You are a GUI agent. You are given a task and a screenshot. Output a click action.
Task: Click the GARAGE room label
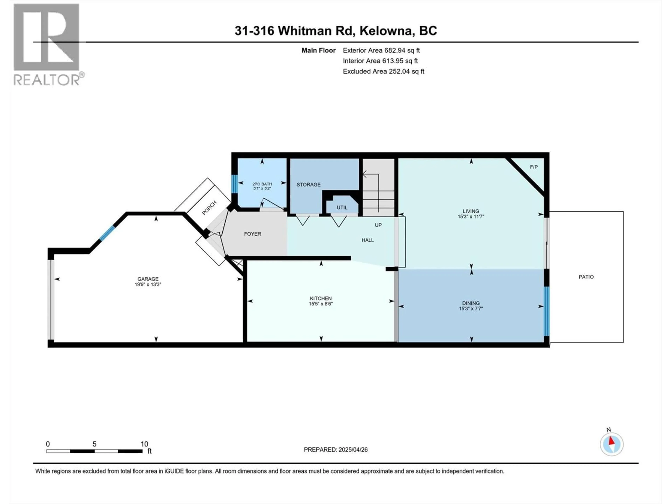[x=148, y=279]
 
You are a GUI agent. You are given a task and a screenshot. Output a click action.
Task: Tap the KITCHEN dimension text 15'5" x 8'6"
[x=321, y=303]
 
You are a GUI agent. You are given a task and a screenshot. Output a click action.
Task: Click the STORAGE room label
[x=308, y=184]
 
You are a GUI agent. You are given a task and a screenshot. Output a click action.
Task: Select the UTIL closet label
[x=342, y=208]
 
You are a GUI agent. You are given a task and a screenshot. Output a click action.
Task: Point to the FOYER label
[x=253, y=234]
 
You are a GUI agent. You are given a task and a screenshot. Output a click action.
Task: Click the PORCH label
[x=209, y=208]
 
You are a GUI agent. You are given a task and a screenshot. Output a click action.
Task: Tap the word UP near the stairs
[x=378, y=225]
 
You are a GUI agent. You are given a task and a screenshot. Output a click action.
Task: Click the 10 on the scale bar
[x=144, y=444]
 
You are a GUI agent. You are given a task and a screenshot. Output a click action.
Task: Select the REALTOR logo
[x=47, y=44]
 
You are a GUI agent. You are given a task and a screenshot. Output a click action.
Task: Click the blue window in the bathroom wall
[x=234, y=184]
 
